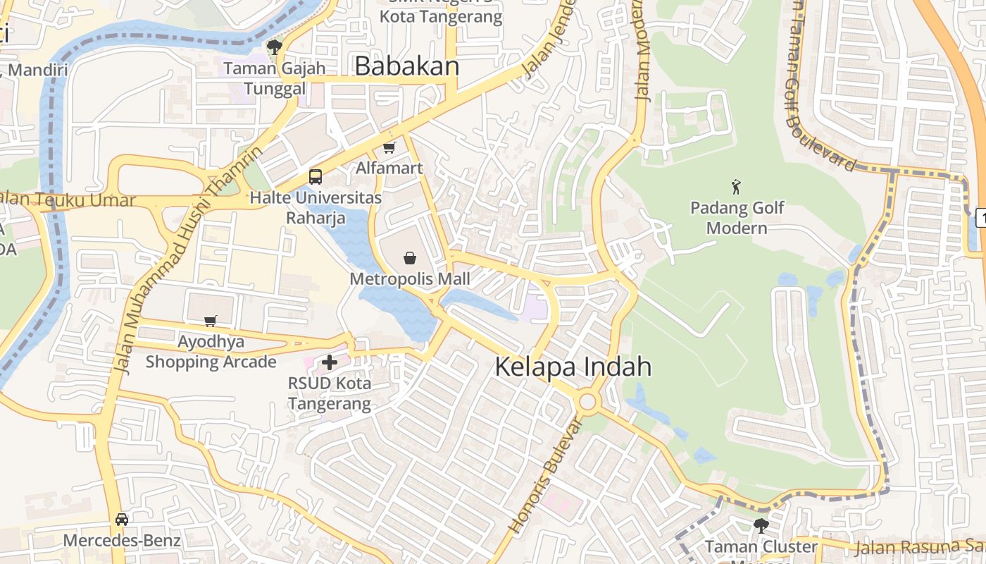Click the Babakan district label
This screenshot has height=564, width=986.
point(406,66)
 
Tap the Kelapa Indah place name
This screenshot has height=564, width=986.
point(573,367)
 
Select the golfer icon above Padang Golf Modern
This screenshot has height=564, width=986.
point(737,187)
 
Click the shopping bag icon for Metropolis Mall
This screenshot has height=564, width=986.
point(409,258)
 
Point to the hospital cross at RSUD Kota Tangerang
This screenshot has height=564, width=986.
point(329,362)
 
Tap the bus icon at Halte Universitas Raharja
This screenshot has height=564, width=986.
point(316,177)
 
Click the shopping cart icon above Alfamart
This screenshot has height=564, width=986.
point(389,147)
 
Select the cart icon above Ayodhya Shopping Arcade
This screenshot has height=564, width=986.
point(210,321)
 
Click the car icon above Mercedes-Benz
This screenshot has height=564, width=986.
point(122,520)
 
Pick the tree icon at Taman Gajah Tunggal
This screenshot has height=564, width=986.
point(275,47)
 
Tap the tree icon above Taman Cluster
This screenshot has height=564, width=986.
point(761,525)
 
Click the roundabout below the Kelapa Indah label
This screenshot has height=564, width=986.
point(587,403)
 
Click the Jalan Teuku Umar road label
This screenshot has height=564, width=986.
point(69,200)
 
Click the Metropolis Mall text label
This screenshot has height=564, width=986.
point(409,278)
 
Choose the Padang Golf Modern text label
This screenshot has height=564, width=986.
point(737,218)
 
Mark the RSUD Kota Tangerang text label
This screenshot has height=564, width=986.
point(329,393)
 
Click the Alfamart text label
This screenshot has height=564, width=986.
point(389,168)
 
